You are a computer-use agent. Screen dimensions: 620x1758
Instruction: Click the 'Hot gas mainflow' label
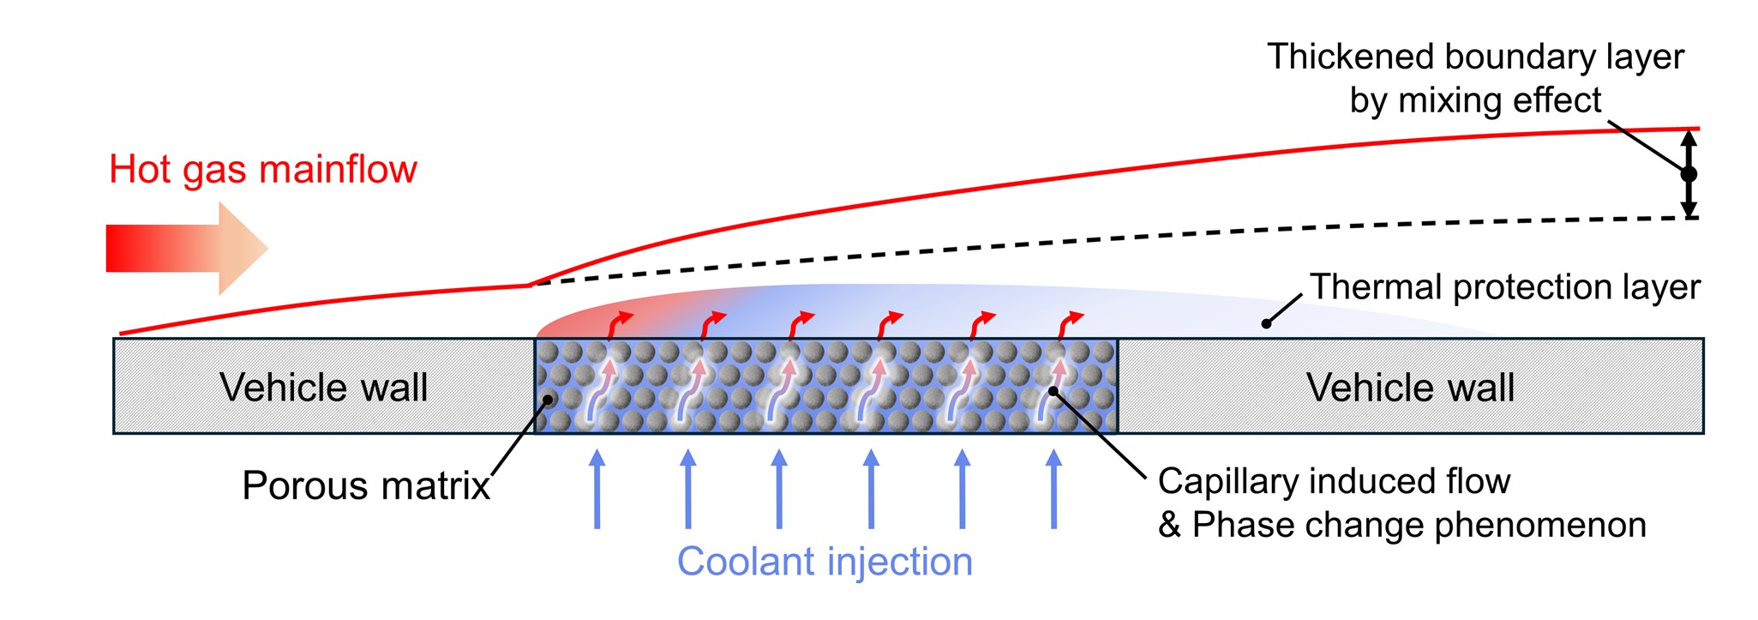click(x=262, y=170)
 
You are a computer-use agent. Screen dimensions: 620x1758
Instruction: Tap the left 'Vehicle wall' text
click(x=323, y=387)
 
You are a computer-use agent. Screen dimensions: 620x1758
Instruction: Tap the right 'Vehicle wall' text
click(x=1410, y=387)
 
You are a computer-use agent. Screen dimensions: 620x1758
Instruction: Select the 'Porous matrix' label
click(x=366, y=486)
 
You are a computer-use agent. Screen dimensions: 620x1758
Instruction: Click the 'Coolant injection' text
click(x=825, y=563)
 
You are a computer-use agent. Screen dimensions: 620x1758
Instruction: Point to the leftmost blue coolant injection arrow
click(x=597, y=489)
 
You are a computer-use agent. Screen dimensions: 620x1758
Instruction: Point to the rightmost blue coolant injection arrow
click(x=1053, y=489)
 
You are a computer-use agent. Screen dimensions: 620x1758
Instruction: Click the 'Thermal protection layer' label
click(x=1505, y=287)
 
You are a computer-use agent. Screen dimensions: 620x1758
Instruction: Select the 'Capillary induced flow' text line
click(x=1334, y=481)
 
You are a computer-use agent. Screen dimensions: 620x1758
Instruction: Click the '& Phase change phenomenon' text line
click(x=1402, y=525)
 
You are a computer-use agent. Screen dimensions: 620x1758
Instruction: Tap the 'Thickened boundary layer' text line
click(x=1475, y=57)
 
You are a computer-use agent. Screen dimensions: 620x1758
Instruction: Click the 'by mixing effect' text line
click(x=1475, y=101)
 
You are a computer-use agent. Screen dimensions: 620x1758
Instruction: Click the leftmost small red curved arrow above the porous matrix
click(x=620, y=326)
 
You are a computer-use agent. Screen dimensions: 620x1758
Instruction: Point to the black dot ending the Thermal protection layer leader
click(x=1266, y=323)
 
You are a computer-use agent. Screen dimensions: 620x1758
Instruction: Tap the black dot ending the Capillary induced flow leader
click(x=1053, y=392)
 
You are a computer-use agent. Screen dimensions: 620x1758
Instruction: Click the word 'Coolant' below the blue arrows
click(x=746, y=563)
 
